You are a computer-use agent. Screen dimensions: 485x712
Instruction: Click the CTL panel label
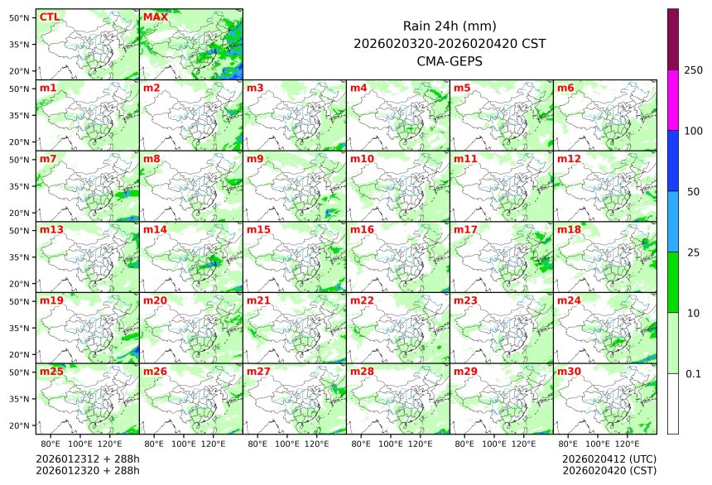(x=49, y=17)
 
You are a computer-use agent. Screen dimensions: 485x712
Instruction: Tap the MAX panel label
(x=154, y=17)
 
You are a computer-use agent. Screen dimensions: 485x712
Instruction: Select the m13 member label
(x=51, y=229)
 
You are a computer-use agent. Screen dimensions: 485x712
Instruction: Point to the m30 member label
(x=568, y=371)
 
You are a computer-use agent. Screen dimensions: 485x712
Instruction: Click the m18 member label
(x=568, y=229)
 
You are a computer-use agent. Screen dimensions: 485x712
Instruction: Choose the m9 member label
(x=255, y=158)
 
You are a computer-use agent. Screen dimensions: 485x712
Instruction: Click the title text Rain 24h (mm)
(x=450, y=26)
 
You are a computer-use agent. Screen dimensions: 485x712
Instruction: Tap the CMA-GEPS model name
(x=450, y=60)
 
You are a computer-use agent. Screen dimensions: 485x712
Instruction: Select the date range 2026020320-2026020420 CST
(x=450, y=43)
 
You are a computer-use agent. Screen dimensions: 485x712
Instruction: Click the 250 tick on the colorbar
(x=693, y=70)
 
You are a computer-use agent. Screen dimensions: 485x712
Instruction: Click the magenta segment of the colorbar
(x=673, y=100)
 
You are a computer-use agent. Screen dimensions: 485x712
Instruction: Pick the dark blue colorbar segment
(x=673, y=161)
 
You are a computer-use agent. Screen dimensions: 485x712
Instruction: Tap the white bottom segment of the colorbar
(x=673, y=403)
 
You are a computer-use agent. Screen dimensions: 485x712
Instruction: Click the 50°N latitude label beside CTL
(x=20, y=17)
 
